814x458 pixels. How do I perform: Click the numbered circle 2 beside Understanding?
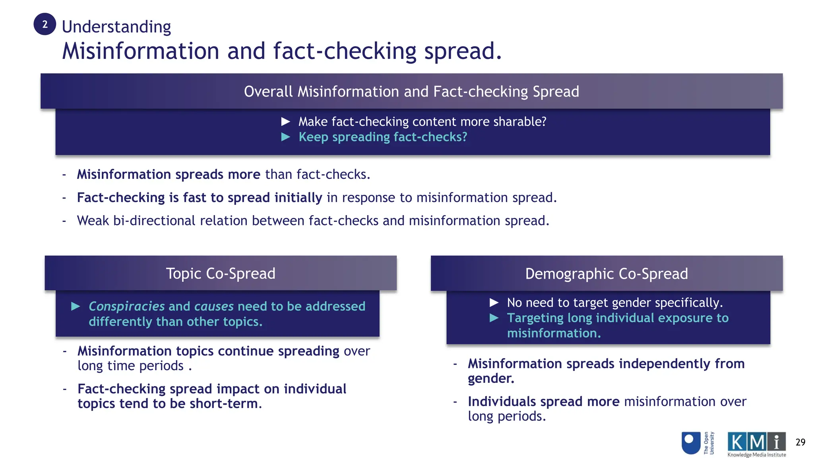tap(45, 24)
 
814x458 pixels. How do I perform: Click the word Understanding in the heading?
tap(116, 27)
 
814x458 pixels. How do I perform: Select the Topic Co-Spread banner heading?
tap(221, 274)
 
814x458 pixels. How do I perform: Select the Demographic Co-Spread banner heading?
tap(606, 274)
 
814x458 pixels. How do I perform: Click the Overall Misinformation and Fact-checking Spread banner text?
tap(411, 91)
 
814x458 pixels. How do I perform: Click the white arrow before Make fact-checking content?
tap(285, 122)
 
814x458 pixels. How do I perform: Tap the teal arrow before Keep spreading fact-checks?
tap(285, 137)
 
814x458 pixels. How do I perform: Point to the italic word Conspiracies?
tap(126, 306)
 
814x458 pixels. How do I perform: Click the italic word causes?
tap(214, 306)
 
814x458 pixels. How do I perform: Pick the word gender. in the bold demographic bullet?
tap(491, 378)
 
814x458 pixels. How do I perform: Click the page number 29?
tap(800, 442)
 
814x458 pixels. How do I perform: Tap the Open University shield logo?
tap(691, 443)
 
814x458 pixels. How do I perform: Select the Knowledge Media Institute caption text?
tap(756, 455)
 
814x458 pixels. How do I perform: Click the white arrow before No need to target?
tap(494, 303)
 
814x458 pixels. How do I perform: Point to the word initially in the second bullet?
tap(298, 198)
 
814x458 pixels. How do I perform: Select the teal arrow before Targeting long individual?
tap(494, 318)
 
